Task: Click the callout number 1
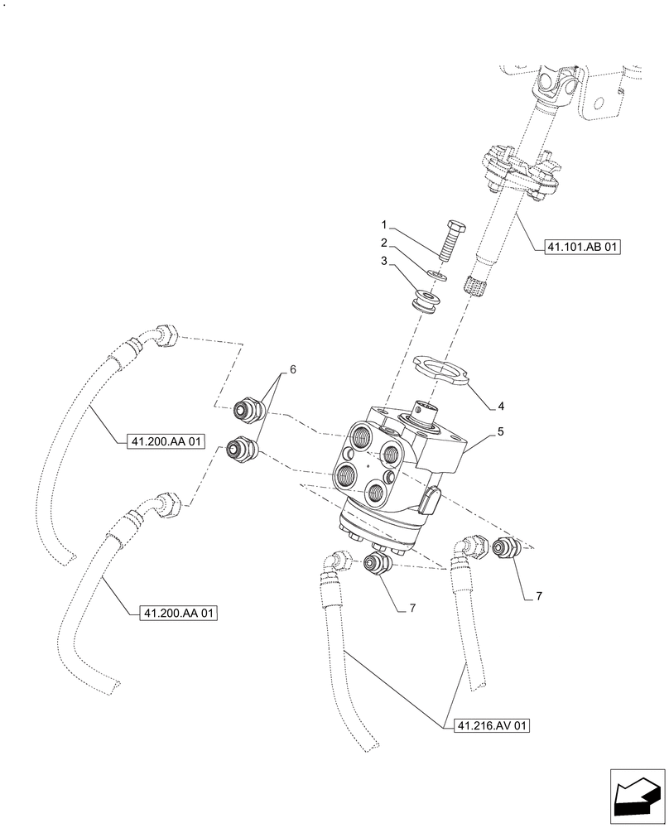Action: [384, 224]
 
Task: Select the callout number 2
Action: [384, 243]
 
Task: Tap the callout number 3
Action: [384, 261]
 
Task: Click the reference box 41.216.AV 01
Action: [492, 726]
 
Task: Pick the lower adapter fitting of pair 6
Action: [242, 450]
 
